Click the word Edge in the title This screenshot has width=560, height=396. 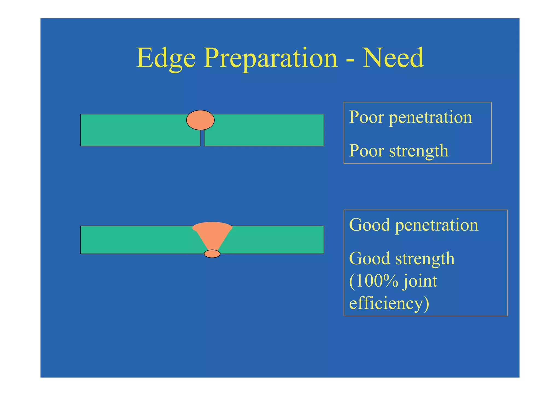(166, 58)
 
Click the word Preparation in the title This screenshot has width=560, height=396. (271, 58)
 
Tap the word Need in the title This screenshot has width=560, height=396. (393, 58)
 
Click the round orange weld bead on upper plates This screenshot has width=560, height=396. (200, 120)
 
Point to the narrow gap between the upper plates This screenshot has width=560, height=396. (202, 138)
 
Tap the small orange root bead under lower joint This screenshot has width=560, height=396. (212, 254)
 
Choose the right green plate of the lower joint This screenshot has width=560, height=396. (276, 240)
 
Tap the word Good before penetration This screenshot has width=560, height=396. (369, 225)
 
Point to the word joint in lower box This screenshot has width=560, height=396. (420, 281)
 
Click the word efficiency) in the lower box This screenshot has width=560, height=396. (389, 304)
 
